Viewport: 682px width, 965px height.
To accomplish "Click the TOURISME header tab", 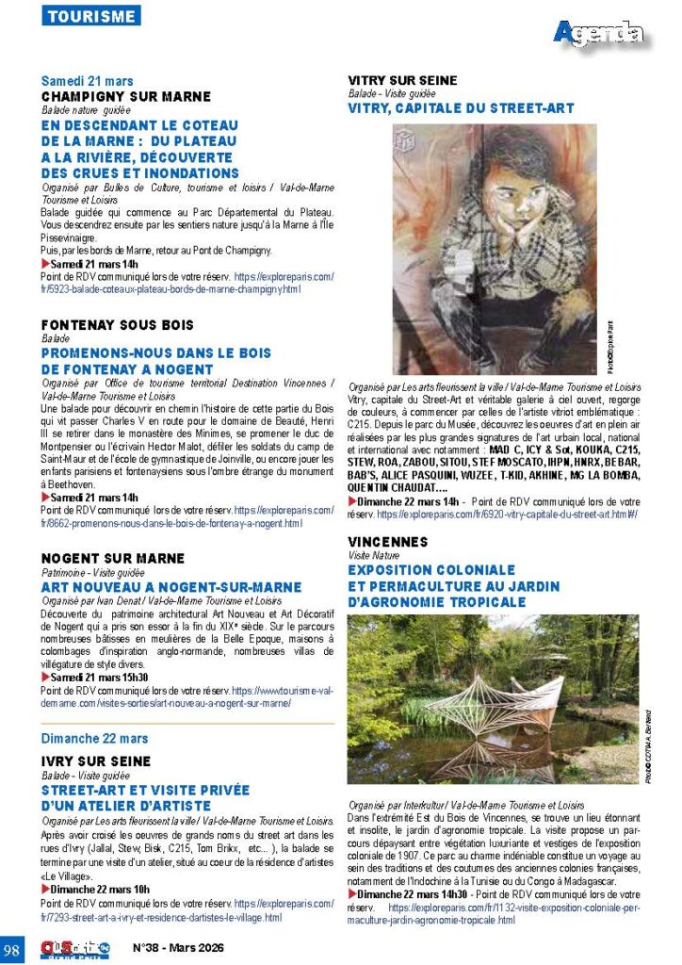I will pos(91,16).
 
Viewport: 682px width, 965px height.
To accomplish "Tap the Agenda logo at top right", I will pos(598,35).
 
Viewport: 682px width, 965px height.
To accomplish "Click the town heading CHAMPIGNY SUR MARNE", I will pos(126,96).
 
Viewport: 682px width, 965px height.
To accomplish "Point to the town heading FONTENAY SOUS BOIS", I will pos(118,324).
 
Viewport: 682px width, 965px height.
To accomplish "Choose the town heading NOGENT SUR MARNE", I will pos(113,559).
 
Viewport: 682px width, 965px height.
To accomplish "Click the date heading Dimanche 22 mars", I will pos(94,739).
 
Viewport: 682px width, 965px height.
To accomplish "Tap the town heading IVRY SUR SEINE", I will pos(96,761).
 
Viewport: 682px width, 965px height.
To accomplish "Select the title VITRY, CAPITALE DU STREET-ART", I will pos(461,108).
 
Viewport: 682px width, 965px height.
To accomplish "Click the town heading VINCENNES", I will pos(388,542).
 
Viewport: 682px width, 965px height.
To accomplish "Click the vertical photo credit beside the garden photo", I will pos(648,744).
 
